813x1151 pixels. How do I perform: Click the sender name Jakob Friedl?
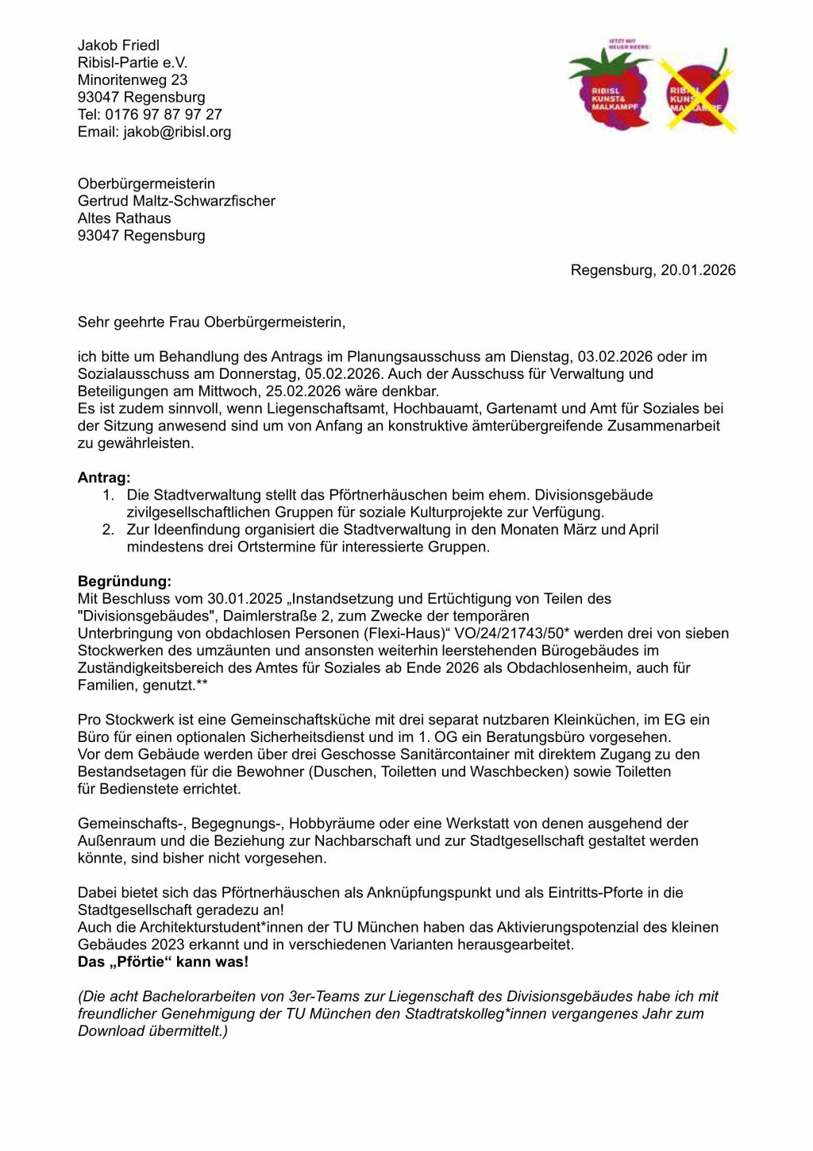click(x=118, y=45)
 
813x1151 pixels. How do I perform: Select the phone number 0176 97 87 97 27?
click(x=164, y=114)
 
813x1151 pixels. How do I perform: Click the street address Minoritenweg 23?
click(x=133, y=79)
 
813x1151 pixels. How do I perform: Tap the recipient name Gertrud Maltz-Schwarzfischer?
click(x=176, y=201)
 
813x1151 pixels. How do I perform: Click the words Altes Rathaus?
click(x=124, y=218)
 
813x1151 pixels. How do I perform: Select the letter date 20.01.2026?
click(x=698, y=270)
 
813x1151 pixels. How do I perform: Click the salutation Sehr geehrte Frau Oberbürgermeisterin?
click(x=211, y=323)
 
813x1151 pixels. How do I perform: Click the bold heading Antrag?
click(x=104, y=477)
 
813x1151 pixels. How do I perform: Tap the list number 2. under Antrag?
click(x=108, y=530)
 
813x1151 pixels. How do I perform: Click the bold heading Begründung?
click(x=124, y=581)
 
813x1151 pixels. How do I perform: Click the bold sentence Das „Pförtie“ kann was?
click(x=163, y=962)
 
